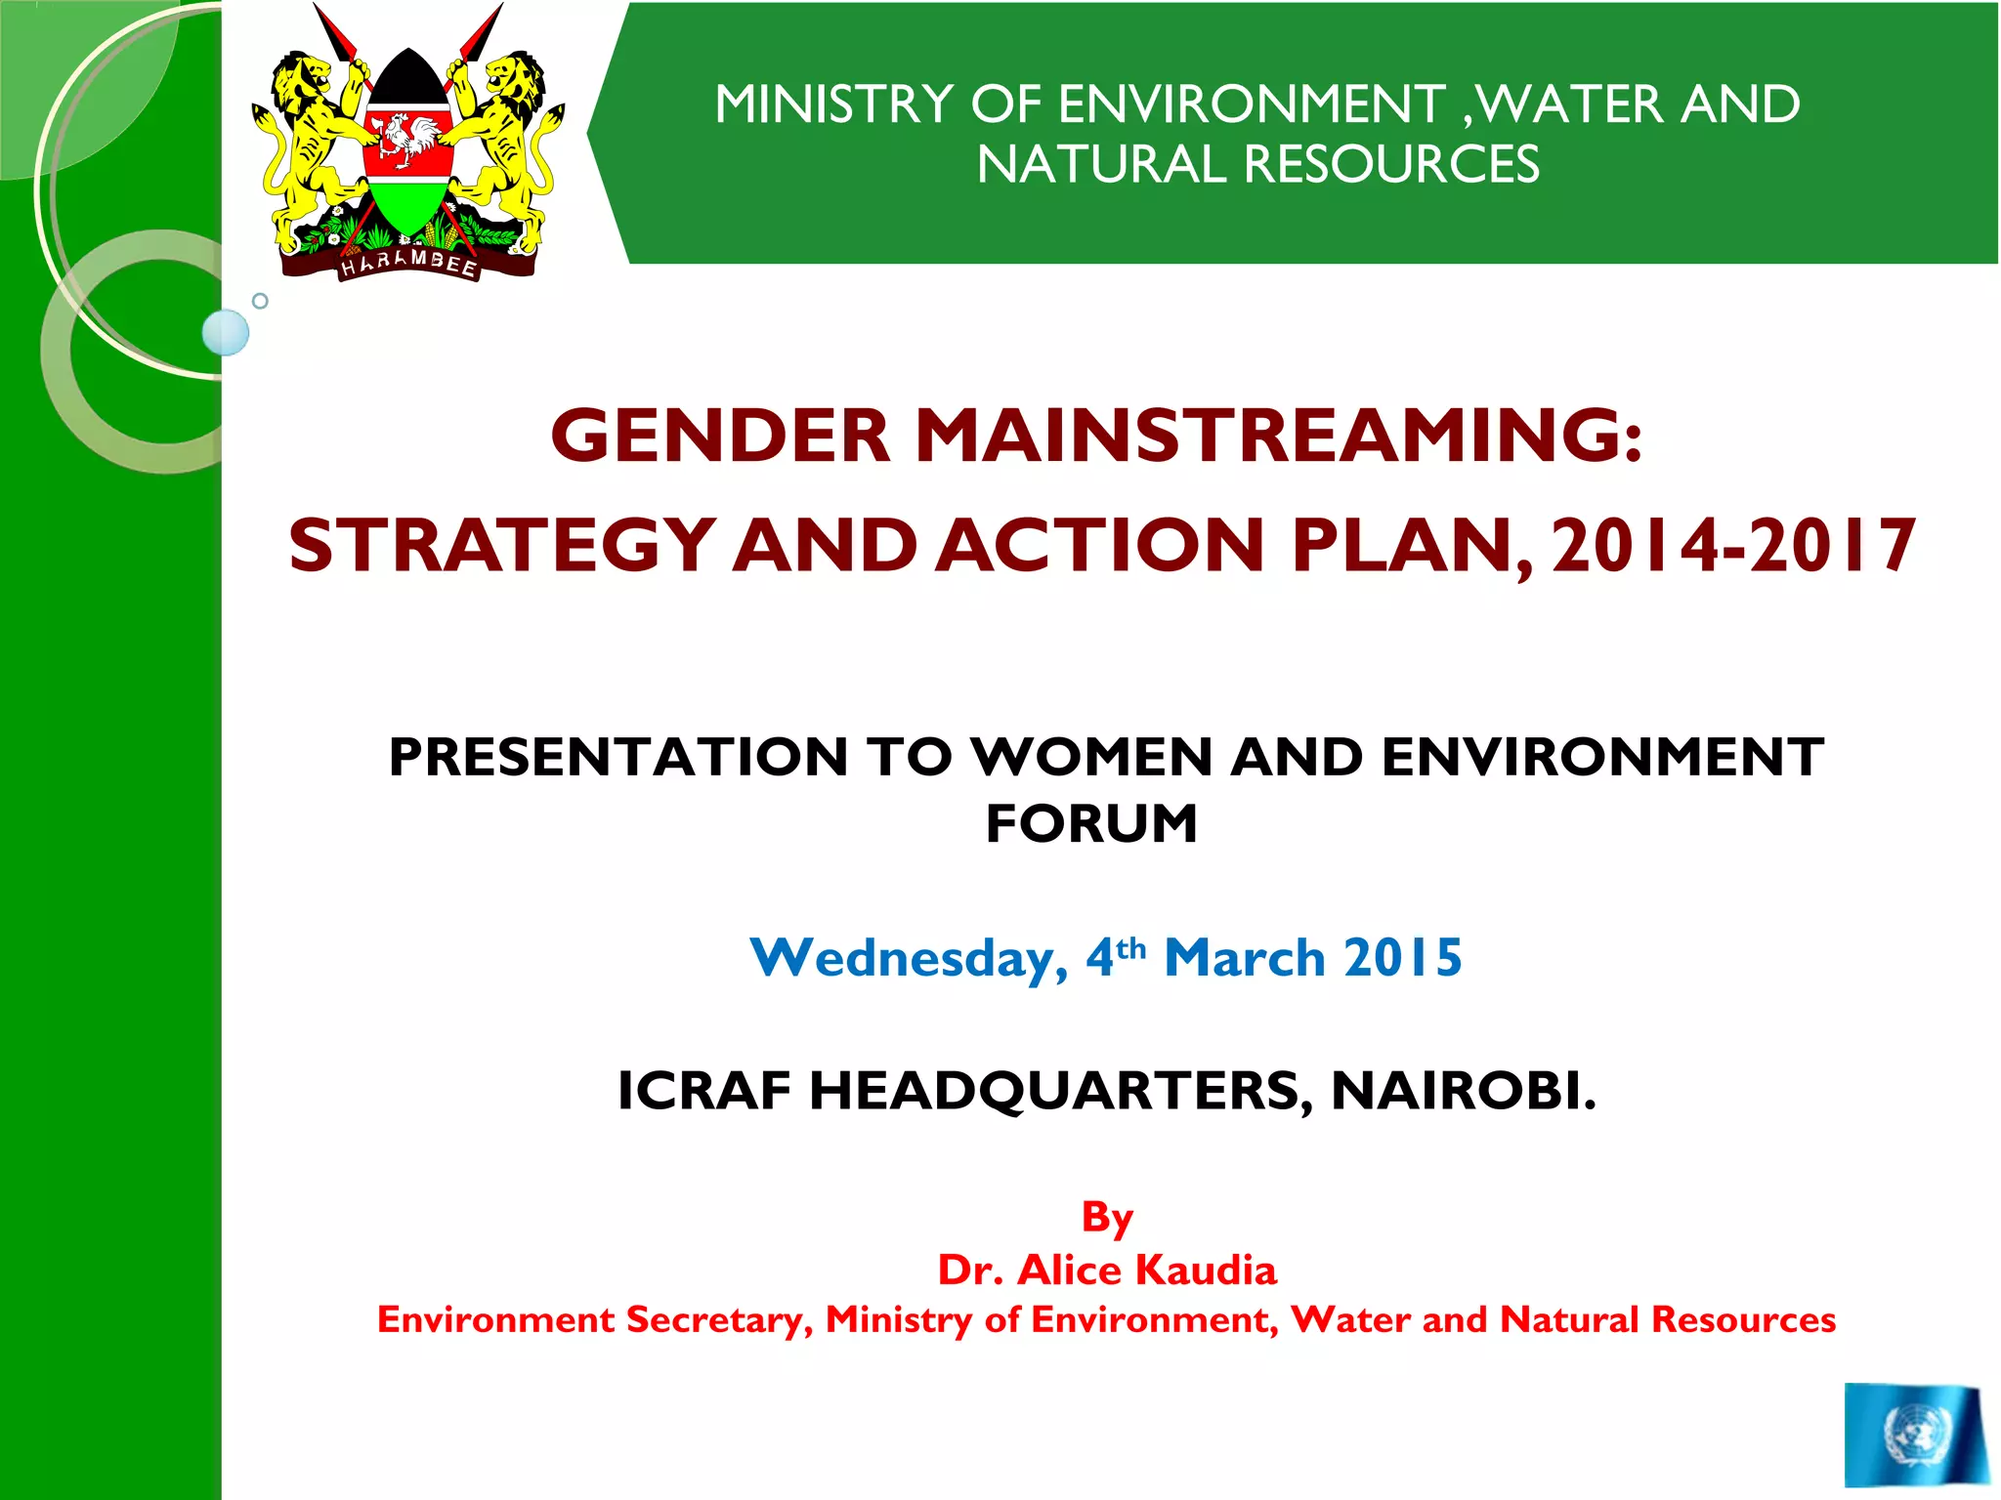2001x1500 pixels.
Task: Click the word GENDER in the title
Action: tap(720, 436)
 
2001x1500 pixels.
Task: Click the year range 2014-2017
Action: tap(1733, 546)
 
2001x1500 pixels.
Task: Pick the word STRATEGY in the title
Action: tap(501, 546)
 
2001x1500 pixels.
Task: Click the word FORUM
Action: tap(1091, 823)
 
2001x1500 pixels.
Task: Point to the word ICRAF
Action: tap(703, 1091)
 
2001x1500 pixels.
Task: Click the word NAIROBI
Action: tap(1463, 1091)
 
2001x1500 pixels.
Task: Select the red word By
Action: tap(1107, 1218)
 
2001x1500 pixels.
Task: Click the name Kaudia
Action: tap(1206, 1271)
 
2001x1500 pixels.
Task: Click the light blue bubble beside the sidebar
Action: tap(226, 332)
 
